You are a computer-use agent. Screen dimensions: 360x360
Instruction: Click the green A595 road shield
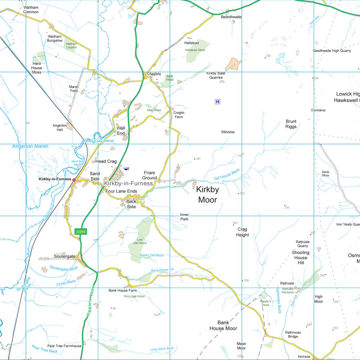(x=80, y=232)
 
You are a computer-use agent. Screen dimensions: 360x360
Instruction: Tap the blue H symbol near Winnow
(x=217, y=102)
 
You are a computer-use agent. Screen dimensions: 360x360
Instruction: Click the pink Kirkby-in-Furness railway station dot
(x=74, y=180)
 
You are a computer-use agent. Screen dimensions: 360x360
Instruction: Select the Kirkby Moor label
(x=208, y=194)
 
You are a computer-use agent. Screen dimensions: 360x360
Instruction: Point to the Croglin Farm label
(x=179, y=115)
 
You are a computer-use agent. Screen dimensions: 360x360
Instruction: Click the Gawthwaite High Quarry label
(x=332, y=51)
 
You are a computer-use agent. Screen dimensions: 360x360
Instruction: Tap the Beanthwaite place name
(x=231, y=17)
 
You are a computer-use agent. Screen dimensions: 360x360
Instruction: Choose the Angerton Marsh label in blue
(x=30, y=147)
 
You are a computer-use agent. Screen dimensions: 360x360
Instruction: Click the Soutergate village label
(x=65, y=257)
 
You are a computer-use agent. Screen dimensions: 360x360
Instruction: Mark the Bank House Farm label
(x=123, y=290)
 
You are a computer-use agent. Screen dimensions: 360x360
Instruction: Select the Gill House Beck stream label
(x=227, y=174)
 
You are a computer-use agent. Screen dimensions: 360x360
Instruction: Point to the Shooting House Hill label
(x=301, y=257)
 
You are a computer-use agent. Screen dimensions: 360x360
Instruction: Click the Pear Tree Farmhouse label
(x=64, y=346)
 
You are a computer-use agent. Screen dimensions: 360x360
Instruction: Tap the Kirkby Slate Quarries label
(x=216, y=75)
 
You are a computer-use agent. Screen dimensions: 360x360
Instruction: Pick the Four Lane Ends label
(x=121, y=191)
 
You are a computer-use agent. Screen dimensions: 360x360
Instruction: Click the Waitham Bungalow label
(x=55, y=39)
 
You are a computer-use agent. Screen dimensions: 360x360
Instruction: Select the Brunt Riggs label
(x=291, y=124)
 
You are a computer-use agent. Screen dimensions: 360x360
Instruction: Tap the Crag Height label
(x=242, y=232)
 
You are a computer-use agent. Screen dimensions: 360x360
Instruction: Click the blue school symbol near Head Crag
(x=126, y=168)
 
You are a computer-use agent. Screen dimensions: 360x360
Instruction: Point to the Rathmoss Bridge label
(x=292, y=334)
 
